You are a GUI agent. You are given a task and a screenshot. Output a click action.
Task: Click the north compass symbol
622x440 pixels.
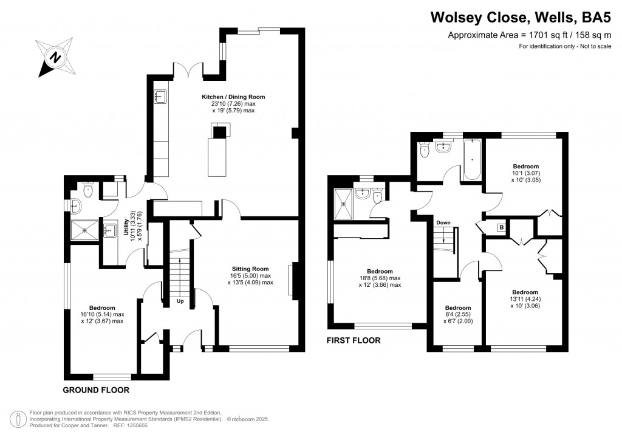55,58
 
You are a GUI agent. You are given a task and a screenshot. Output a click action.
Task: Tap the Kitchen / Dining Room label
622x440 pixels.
233,104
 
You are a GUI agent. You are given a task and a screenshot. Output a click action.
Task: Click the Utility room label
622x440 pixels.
131,226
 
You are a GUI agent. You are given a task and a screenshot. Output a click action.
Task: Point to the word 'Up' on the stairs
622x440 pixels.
180,301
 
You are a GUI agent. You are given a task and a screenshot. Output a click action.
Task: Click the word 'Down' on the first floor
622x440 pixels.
443,223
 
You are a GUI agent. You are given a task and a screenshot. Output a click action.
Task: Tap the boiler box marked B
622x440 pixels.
501,228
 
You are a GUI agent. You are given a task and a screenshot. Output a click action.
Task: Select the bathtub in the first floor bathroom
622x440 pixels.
473,160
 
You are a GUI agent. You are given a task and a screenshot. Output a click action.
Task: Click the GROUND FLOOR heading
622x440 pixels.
96,390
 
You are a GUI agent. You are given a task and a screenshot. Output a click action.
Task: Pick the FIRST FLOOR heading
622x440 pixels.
353,340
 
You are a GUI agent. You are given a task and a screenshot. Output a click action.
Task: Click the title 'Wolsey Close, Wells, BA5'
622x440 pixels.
521,18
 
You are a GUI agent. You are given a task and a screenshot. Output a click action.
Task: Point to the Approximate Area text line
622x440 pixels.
529,35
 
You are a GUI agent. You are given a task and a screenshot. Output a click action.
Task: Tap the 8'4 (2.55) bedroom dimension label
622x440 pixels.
458,315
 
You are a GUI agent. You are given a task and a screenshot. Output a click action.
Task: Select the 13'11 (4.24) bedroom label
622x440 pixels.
525,299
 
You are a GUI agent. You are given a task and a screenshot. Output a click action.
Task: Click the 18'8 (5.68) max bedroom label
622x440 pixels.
380,278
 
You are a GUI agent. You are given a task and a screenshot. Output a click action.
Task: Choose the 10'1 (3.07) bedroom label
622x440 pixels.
525,173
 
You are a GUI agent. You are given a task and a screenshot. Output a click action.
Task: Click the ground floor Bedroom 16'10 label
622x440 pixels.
102,315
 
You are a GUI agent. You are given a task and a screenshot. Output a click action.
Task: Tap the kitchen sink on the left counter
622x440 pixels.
161,97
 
